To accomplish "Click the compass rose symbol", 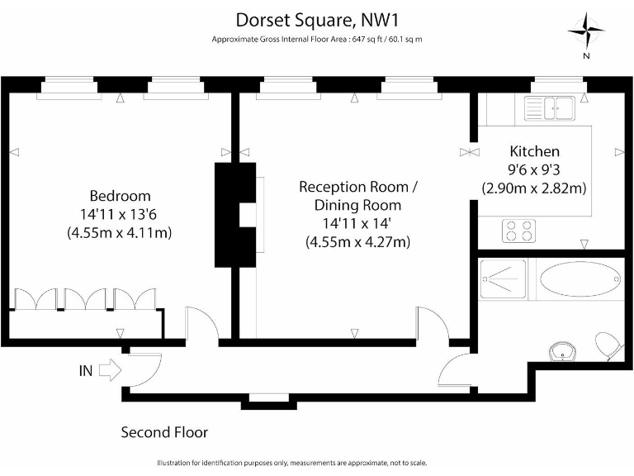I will click(585, 33).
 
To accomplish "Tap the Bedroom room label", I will click(120, 196).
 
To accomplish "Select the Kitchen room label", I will click(534, 151).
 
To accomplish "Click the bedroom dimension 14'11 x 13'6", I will click(120, 214).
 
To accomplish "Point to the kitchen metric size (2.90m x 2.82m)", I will click(534, 188).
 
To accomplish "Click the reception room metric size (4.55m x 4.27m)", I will click(357, 242).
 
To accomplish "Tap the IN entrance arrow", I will click(108, 371).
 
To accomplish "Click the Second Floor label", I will click(164, 432).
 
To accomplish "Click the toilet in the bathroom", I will click(609, 346).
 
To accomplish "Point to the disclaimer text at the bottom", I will click(316, 462).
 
